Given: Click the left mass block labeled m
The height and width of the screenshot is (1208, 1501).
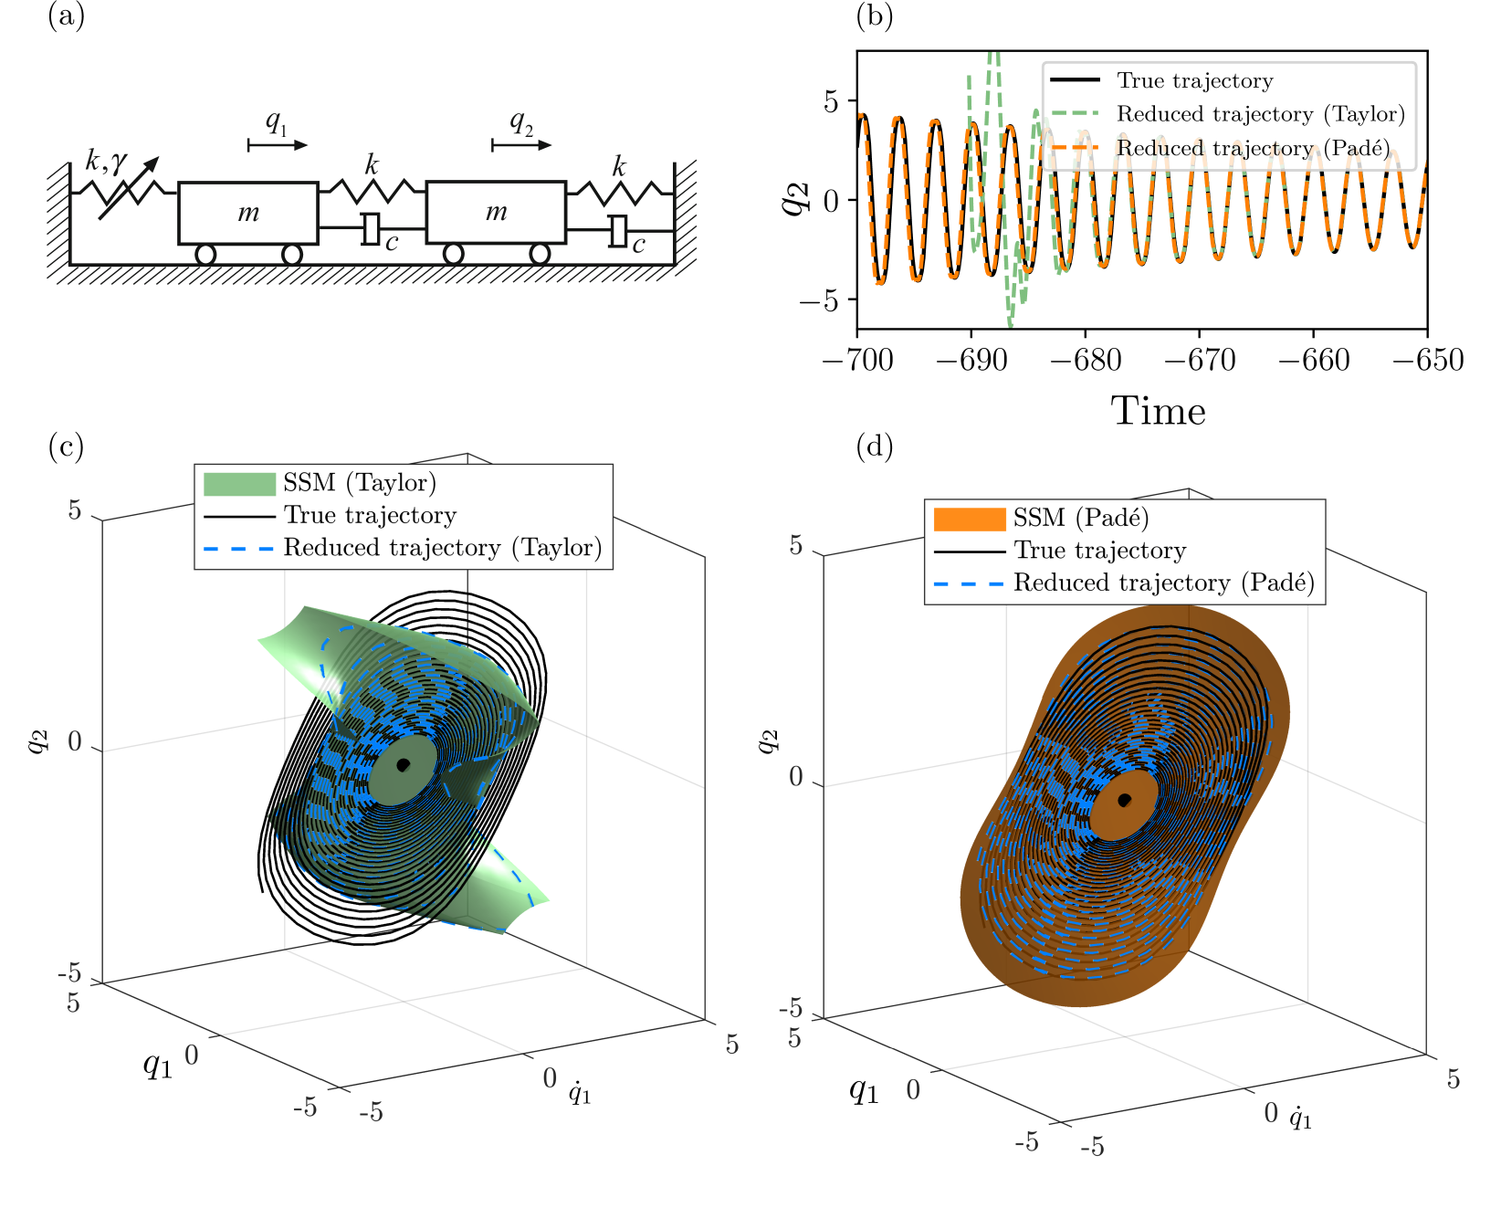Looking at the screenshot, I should click(x=247, y=213).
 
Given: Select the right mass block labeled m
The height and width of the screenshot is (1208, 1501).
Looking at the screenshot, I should click(x=496, y=213).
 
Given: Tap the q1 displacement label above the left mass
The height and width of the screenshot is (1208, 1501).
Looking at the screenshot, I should click(x=276, y=122).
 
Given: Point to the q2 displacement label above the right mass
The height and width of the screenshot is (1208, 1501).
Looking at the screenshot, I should click(x=520, y=122).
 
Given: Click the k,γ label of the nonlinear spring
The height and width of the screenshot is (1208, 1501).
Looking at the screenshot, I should click(x=106, y=162).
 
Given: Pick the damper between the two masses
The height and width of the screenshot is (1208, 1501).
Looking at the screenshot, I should click(x=371, y=228).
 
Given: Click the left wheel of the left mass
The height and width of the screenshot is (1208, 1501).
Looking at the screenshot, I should click(x=205, y=254).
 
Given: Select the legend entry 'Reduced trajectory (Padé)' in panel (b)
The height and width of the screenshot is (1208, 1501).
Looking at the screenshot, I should click(x=1253, y=148).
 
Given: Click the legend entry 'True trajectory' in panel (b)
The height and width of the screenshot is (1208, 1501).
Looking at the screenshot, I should click(x=1194, y=80).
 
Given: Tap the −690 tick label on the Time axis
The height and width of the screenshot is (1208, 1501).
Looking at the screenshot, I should click(x=971, y=360).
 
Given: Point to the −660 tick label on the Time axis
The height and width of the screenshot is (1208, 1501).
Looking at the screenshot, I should click(x=1313, y=360).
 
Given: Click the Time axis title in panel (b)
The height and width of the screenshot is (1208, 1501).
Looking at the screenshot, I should click(x=1158, y=412).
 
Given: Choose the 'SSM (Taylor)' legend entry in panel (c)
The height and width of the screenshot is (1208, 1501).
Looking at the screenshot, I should click(x=359, y=483).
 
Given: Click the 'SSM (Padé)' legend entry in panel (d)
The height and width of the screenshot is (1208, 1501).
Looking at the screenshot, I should click(x=1080, y=519).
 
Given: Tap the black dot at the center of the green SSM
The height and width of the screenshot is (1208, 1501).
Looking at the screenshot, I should click(x=403, y=764).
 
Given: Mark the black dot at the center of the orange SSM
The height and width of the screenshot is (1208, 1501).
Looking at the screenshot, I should click(x=1125, y=800).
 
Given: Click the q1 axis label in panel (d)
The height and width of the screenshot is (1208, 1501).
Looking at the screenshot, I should click(x=864, y=1089).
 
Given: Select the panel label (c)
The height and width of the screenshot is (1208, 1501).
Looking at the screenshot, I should click(x=66, y=446).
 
